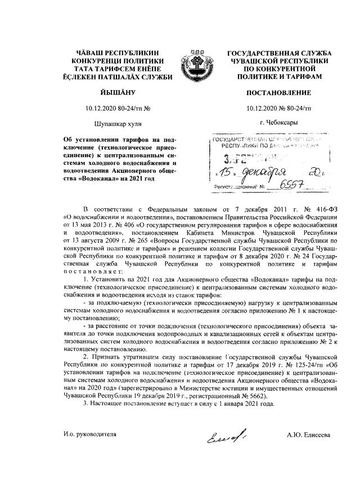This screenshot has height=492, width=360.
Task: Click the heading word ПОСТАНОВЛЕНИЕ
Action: click(279, 91)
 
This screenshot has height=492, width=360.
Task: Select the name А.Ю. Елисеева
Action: click(308, 435)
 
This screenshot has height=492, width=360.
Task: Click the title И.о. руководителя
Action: click(91, 435)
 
